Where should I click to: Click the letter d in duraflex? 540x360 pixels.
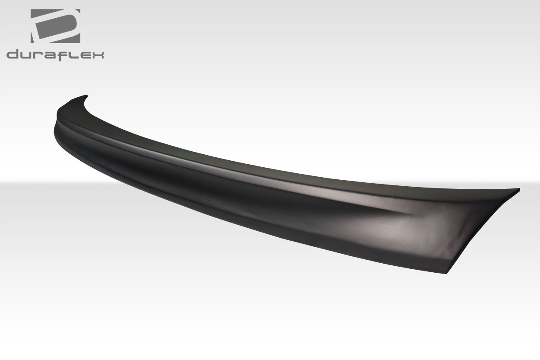tap(13, 54)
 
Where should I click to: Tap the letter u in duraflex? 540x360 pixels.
tap(25, 55)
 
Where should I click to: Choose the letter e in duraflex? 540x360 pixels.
tap(85, 55)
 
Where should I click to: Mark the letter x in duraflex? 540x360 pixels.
tap(98, 55)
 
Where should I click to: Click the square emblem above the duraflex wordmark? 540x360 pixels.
tap(55, 26)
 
